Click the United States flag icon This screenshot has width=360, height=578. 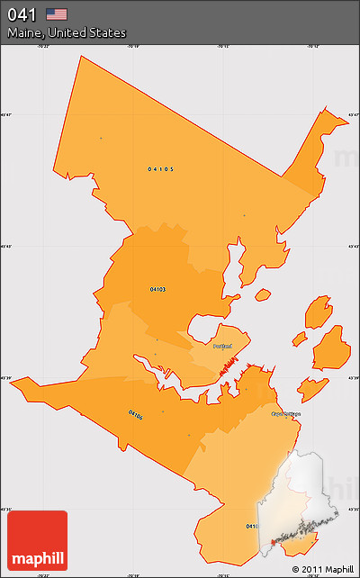57,14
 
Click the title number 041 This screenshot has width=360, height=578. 22,14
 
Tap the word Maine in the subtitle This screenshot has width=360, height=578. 26,32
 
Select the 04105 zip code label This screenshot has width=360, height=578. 161,168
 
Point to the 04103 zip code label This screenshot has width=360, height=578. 157,289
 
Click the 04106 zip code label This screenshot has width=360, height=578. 135,415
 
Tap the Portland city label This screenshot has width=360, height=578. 222,346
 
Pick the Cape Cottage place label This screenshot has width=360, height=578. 287,414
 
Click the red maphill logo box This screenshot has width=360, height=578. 37,540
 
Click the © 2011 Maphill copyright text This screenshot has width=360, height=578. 323,569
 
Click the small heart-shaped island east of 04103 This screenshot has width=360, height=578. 263,294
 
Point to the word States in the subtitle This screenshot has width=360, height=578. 108,32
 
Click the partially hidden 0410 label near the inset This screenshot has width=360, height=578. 252,526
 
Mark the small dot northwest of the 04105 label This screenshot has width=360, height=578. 101,138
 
